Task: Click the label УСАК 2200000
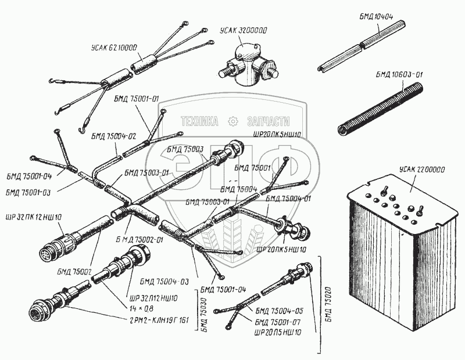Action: [422, 170]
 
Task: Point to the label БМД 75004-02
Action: [113, 136]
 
